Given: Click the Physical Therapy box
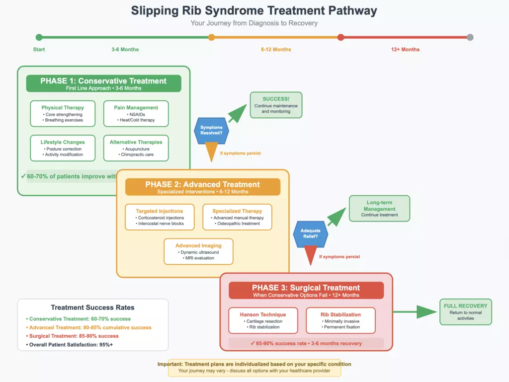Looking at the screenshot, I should (63, 113).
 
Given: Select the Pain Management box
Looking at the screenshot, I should (136, 113).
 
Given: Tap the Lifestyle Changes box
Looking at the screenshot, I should (63, 148).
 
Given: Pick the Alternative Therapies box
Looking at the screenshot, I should (136, 148).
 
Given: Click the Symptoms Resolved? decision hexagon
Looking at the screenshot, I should (211, 130).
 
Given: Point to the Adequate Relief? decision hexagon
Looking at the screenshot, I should (311, 234).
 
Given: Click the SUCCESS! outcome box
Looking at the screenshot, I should (276, 105).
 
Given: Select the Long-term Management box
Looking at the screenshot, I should (379, 208).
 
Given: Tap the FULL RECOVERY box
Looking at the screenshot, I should (465, 311).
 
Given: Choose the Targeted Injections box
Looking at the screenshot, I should (160, 217).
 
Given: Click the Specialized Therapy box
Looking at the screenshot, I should (237, 217).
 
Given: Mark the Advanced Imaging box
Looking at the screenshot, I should (198, 251).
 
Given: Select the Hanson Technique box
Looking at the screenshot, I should (263, 320).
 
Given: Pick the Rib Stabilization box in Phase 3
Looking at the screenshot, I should (340, 320).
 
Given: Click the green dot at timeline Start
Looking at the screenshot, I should (39, 37).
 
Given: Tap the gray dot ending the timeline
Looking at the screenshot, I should (470, 37).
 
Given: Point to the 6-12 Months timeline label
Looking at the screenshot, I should (276, 50).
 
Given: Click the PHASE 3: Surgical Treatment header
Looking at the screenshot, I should (306, 290).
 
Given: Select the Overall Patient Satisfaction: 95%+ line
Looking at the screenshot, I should (71, 344).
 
